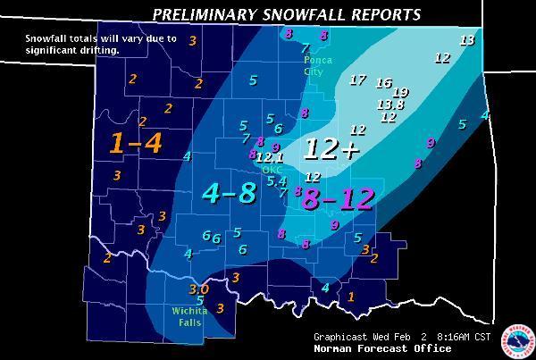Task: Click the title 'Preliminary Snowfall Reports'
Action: coord(286,14)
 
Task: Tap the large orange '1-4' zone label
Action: coord(136,143)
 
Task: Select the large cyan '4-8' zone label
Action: coord(229,192)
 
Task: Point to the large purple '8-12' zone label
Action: coord(337,198)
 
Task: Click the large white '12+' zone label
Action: coord(331,149)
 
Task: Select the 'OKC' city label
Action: coord(272,169)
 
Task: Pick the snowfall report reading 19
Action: coord(400,92)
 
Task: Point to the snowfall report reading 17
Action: coord(357,80)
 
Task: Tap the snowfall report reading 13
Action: coord(466,40)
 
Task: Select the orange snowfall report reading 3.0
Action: coord(198,289)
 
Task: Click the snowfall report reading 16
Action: coord(384,83)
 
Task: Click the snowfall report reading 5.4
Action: coord(277,181)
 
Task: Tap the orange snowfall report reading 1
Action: coord(351,297)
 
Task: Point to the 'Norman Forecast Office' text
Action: coord(369,348)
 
